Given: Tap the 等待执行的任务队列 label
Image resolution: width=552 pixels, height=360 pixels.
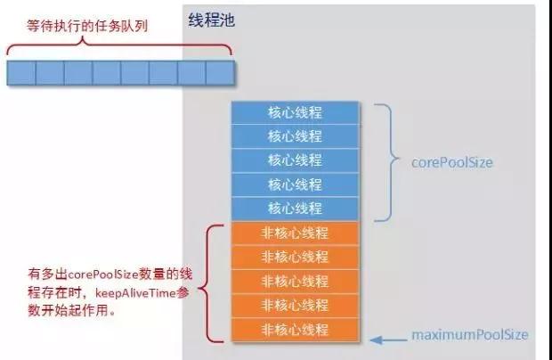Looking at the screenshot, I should [x=75, y=26].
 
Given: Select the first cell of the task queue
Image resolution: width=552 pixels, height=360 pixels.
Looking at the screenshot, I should [x=21, y=72].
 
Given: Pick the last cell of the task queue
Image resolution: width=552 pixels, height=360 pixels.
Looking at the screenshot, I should [x=219, y=72].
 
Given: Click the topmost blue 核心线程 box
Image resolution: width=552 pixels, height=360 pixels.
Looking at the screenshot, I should [x=295, y=113].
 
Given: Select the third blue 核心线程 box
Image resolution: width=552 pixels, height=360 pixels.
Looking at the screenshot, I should [x=295, y=160].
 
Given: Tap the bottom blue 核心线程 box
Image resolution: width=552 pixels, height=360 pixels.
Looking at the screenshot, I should [x=295, y=209].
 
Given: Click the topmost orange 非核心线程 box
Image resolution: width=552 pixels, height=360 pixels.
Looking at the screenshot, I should [x=295, y=233].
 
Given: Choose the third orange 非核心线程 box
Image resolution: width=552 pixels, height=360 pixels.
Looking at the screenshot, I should [x=295, y=282].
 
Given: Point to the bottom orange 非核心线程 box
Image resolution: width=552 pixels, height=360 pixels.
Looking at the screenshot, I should [x=295, y=330].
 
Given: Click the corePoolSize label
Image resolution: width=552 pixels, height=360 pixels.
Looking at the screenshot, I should [x=451, y=163].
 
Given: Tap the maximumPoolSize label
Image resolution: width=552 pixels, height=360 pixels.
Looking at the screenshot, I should [x=469, y=336].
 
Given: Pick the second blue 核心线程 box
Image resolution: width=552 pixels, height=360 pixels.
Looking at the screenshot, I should [x=295, y=136].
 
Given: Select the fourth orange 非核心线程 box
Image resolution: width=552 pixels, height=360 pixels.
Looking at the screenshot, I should [x=295, y=306].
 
